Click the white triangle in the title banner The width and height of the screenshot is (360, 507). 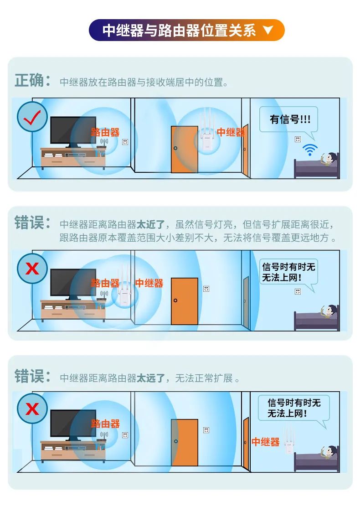[268, 31]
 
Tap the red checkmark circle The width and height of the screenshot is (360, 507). [32, 117]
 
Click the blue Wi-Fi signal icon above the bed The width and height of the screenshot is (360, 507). [310, 150]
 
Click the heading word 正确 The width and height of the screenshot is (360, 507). [29, 81]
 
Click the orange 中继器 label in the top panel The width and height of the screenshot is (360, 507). [231, 132]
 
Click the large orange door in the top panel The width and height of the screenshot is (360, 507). [185, 149]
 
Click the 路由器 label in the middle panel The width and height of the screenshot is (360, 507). [105, 283]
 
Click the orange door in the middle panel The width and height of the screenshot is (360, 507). [185, 301]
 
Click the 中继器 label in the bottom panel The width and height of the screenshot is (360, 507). [266, 442]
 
